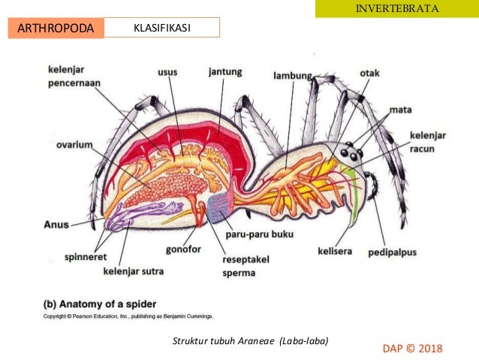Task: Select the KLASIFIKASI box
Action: point(161,28)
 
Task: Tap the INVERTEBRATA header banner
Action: point(397,9)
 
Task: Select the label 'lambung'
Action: point(293,76)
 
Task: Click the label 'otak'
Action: point(369,74)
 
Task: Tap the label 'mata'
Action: point(401,109)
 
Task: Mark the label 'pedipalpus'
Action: point(391,252)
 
